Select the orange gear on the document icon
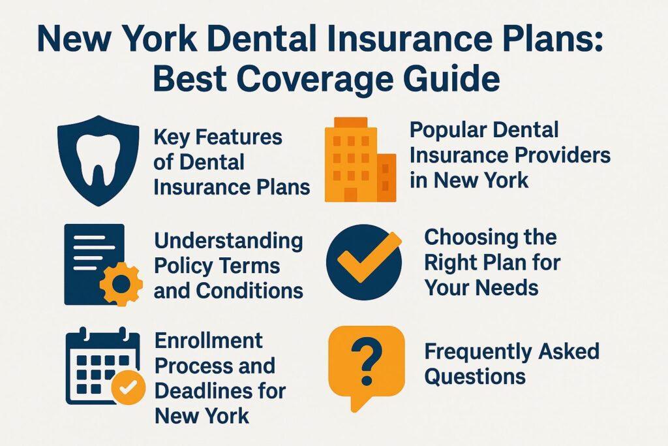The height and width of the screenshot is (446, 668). point(121,283)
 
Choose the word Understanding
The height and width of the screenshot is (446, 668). point(228,241)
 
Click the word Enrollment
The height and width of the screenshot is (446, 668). point(209,340)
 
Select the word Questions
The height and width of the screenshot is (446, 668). point(475,376)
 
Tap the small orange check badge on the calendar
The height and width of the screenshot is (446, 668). point(129,388)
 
